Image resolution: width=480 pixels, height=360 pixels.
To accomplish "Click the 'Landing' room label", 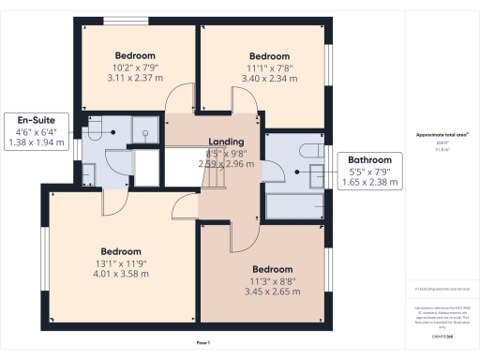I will (x=226, y=142).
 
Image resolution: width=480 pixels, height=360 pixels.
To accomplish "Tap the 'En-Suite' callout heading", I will (x=28, y=119).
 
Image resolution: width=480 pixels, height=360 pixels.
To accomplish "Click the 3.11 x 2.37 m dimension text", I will (x=135, y=79).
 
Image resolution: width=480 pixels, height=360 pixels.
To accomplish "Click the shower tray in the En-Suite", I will (x=145, y=130).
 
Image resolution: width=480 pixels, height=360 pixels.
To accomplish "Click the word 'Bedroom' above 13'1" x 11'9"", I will (x=121, y=251).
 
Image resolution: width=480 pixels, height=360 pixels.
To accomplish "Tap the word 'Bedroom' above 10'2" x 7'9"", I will (x=135, y=55).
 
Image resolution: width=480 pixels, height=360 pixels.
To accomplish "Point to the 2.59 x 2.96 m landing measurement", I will (x=226, y=163).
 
